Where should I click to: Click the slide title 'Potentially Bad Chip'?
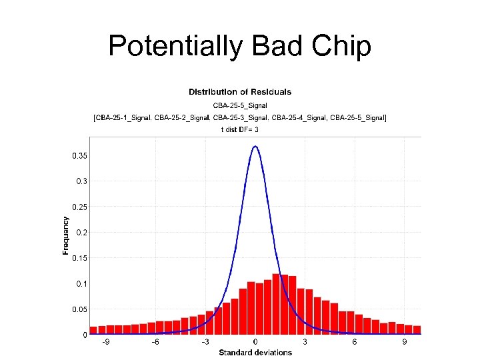click(239, 46)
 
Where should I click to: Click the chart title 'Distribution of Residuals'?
click(240, 92)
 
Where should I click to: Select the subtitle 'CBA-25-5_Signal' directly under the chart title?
click(240, 105)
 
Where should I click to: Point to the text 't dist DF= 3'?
click(240, 129)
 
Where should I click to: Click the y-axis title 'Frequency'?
click(65, 235)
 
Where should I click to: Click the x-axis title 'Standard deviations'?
click(255, 352)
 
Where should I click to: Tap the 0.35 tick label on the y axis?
click(79, 155)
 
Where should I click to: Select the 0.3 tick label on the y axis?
click(81, 181)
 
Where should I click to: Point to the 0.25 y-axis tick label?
click(79, 207)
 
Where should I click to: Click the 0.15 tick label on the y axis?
click(79, 258)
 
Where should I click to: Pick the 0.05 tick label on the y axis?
click(79, 309)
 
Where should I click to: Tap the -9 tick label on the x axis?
click(106, 342)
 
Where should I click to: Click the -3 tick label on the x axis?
click(205, 342)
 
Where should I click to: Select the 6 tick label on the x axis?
click(355, 342)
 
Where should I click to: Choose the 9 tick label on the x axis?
click(404, 342)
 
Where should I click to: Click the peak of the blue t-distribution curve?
click(255, 147)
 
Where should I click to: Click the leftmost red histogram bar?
click(93, 330)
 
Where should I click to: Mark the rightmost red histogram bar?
click(417, 329)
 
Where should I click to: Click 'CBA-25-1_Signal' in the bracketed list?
click(123, 118)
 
